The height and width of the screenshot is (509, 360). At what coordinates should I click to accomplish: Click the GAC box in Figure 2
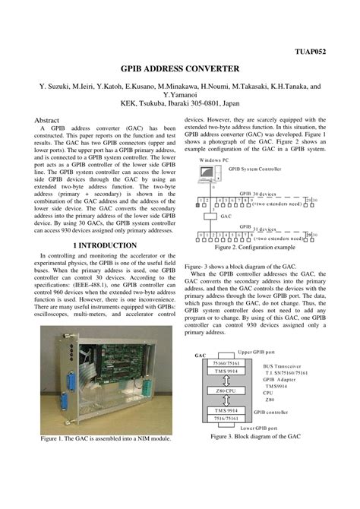coord(226,216)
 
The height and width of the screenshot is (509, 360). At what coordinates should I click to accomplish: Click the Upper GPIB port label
coord(257,353)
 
